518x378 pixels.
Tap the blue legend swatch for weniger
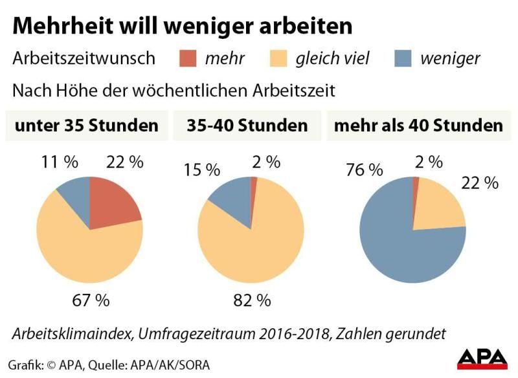point(404,59)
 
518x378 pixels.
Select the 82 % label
point(251,300)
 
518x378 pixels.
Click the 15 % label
point(201,170)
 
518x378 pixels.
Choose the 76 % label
point(364,170)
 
